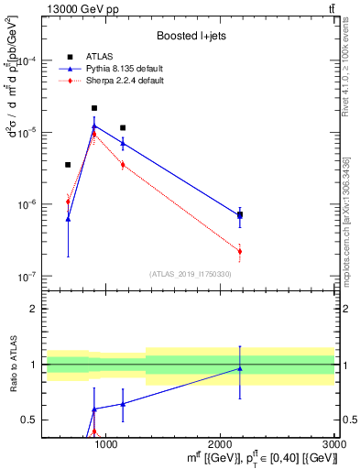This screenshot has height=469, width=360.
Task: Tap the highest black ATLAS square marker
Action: (94, 108)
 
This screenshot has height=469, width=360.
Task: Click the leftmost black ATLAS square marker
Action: (68, 165)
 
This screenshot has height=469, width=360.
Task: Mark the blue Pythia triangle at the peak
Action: (94, 126)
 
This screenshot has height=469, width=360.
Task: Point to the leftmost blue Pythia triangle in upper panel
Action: (68, 219)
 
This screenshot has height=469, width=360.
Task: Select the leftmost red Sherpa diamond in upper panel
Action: (68, 202)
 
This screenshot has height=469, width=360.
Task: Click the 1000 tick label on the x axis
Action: (107, 443)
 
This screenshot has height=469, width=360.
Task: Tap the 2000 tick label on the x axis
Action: (221, 443)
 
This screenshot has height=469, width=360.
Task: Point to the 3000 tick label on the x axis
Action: (334, 443)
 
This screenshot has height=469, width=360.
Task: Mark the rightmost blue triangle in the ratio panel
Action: (240, 368)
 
